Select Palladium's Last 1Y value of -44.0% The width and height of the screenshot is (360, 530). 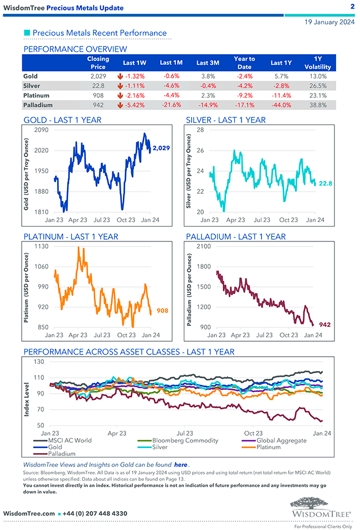[x=281, y=105]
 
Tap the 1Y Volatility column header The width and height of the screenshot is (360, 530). [x=318, y=63]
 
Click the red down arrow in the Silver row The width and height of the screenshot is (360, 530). [x=120, y=86]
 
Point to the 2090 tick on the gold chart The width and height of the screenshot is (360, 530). [x=42, y=130]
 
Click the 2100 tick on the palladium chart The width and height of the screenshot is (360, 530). [x=203, y=246]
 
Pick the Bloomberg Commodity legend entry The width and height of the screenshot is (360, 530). [x=185, y=440]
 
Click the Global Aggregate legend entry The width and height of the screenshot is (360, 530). [x=281, y=440]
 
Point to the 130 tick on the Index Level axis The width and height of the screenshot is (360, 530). [x=38, y=362]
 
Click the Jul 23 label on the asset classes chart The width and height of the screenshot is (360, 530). [x=185, y=433]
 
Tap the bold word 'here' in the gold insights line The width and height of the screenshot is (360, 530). [x=181, y=465]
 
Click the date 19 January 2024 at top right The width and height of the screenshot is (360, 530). [x=330, y=22]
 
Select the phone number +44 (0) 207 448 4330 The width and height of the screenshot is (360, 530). [x=95, y=513]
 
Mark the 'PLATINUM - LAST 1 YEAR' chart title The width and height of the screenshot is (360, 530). [x=71, y=236]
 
